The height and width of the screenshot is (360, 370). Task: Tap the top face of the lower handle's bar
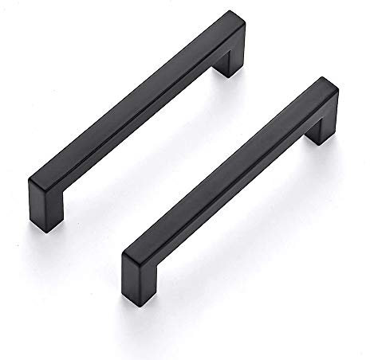(x=231, y=159)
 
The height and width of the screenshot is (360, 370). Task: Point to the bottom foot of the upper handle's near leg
(x=45, y=197)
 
